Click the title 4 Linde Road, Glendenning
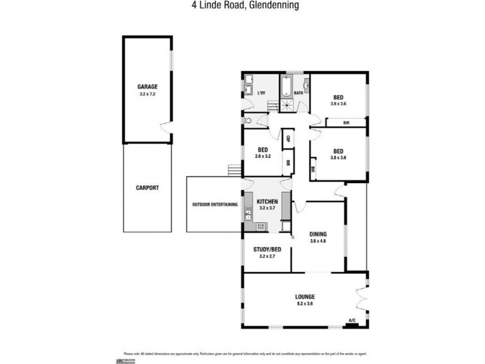coord(242,7)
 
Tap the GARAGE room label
coord(148,87)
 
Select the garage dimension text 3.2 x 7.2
coord(148,95)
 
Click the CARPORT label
coord(147,188)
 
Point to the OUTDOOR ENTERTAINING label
coord(215,204)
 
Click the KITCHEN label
coord(267,201)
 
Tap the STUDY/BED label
coord(267,249)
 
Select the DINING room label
coord(318,234)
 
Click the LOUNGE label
coord(305,297)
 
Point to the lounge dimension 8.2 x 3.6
coord(305,304)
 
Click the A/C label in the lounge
coord(352,320)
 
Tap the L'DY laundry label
coord(262,93)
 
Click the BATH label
coord(298,93)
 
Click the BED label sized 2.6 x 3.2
coord(263,150)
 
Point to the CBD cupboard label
coord(287,138)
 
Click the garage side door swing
coord(165,127)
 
